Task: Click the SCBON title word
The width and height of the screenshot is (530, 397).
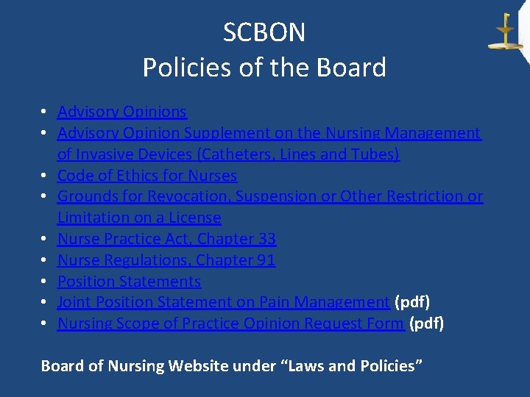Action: tap(264, 32)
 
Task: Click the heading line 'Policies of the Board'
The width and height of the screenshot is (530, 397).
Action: tap(264, 68)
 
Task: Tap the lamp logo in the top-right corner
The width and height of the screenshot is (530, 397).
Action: tap(504, 32)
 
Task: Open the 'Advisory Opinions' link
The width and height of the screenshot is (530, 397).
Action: tap(122, 112)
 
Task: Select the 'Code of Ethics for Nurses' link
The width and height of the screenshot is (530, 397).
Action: tap(147, 176)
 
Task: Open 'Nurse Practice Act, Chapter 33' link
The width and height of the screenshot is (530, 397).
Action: tap(166, 239)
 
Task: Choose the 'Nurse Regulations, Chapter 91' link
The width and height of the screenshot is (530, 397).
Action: tap(166, 260)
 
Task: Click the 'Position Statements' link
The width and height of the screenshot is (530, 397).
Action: tap(129, 282)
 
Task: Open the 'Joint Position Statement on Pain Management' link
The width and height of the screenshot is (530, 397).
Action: tap(223, 302)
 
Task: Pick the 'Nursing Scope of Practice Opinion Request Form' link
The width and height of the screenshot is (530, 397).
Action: tap(231, 323)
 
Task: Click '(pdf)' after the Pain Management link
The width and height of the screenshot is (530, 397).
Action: tap(412, 302)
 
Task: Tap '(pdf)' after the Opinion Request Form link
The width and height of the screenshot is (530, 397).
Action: tap(427, 323)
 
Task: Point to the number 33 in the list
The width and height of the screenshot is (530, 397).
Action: tap(266, 239)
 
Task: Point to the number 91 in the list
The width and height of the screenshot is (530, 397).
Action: tap(266, 260)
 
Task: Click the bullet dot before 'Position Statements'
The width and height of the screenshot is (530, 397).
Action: tap(45, 282)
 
